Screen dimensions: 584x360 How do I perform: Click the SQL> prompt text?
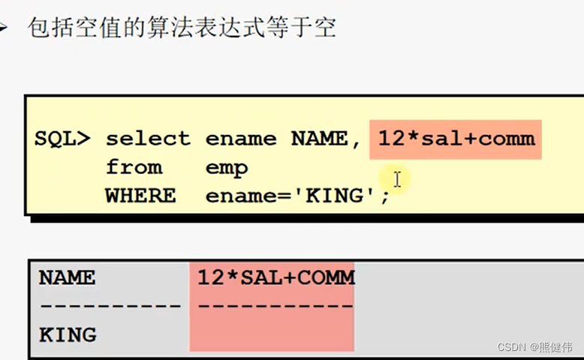(62, 139)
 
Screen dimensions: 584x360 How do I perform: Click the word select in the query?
(148, 139)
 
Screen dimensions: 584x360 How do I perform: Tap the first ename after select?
(235, 139)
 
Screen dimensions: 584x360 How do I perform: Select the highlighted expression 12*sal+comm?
(456, 139)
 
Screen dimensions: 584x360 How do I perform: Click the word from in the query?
(134, 167)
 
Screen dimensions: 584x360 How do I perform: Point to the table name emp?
(226, 167)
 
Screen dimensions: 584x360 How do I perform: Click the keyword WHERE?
(140, 196)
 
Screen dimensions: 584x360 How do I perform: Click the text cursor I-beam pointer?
(397, 179)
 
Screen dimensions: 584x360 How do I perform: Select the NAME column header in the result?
(67, 277)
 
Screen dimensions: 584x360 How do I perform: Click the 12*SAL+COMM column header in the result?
(275, 277)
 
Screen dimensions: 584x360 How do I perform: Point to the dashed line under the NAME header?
(110, 306)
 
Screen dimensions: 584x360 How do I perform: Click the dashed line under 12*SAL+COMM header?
(275, 306)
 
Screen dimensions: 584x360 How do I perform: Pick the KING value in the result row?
(67, 334)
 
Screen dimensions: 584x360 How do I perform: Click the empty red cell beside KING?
(270, 334)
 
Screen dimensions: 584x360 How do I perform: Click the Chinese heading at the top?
(181, 28)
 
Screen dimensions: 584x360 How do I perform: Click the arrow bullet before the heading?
(5, 28)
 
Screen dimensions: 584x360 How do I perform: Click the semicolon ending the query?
(386, 198)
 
